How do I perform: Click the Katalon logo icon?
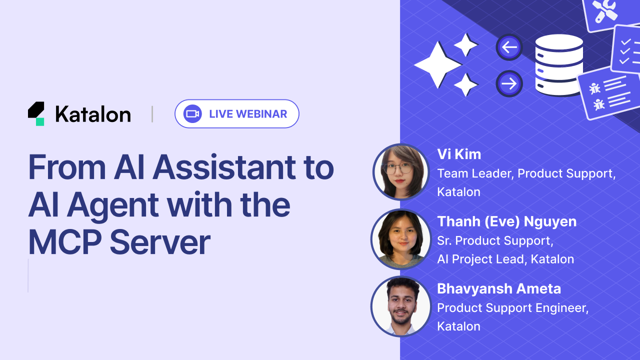36,113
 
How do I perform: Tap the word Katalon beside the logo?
93,114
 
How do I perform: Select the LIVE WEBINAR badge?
236,114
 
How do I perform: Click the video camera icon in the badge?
192,114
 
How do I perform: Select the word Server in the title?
159,243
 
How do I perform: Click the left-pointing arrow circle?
509,47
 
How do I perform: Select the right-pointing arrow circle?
509,83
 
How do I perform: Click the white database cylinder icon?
559,65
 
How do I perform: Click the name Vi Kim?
459,154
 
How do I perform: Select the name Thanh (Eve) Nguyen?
506,221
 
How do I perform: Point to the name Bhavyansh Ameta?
498,288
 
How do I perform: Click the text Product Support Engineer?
512,308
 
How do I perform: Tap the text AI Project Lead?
481,259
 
